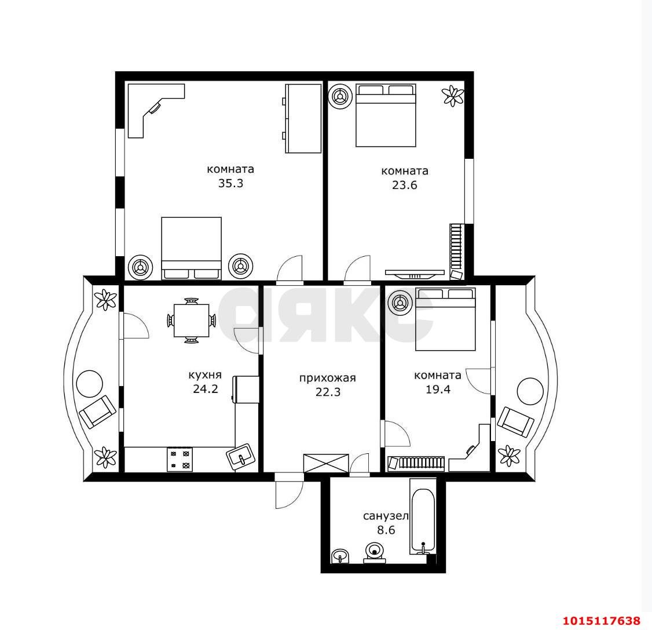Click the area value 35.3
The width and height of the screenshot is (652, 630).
click(x=231, y=184)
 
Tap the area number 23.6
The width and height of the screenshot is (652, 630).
click(x=405, y=185)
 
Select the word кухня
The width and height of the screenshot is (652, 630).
click(x=205, y=376)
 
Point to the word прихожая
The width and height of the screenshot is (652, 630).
click(x=328, y=378)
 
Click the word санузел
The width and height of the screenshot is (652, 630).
click(x=386, y=516)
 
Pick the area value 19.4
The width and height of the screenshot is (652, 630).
click(x=438, y=389)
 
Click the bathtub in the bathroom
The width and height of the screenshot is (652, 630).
click(x=423, y=516)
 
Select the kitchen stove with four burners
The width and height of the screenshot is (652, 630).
click(x=180, y=460)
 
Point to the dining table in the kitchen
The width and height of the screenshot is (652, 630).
click(x=191, y=321)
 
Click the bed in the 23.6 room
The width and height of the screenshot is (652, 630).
click(x=386, y=115)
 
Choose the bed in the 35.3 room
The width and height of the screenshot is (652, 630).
click(x=191, y=248)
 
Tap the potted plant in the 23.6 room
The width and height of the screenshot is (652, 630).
click(x=453, y=96)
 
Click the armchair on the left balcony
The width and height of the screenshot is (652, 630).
click(x=97, y=411)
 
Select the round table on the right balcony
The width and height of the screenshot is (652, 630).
click(x=530, y=391)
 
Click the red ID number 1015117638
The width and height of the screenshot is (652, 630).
click(x=601, y=621)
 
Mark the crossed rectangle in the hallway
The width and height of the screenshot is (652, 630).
click(x=326, y=463)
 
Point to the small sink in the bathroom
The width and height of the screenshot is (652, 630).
click(x=340, y=556)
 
